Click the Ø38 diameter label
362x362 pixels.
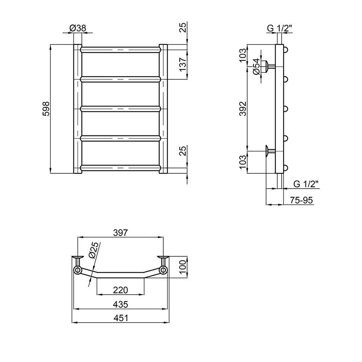coord(77,28)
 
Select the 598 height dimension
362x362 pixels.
coord(46,109)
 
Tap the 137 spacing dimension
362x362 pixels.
coord(182,65)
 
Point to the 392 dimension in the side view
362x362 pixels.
coord(243,109)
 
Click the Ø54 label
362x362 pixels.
coord(256,67)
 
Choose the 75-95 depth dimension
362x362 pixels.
coord(301,200)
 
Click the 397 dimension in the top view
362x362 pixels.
coord(121,233)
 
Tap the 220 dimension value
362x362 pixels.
coord(121,290)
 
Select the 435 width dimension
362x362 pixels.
coord(121,304)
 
